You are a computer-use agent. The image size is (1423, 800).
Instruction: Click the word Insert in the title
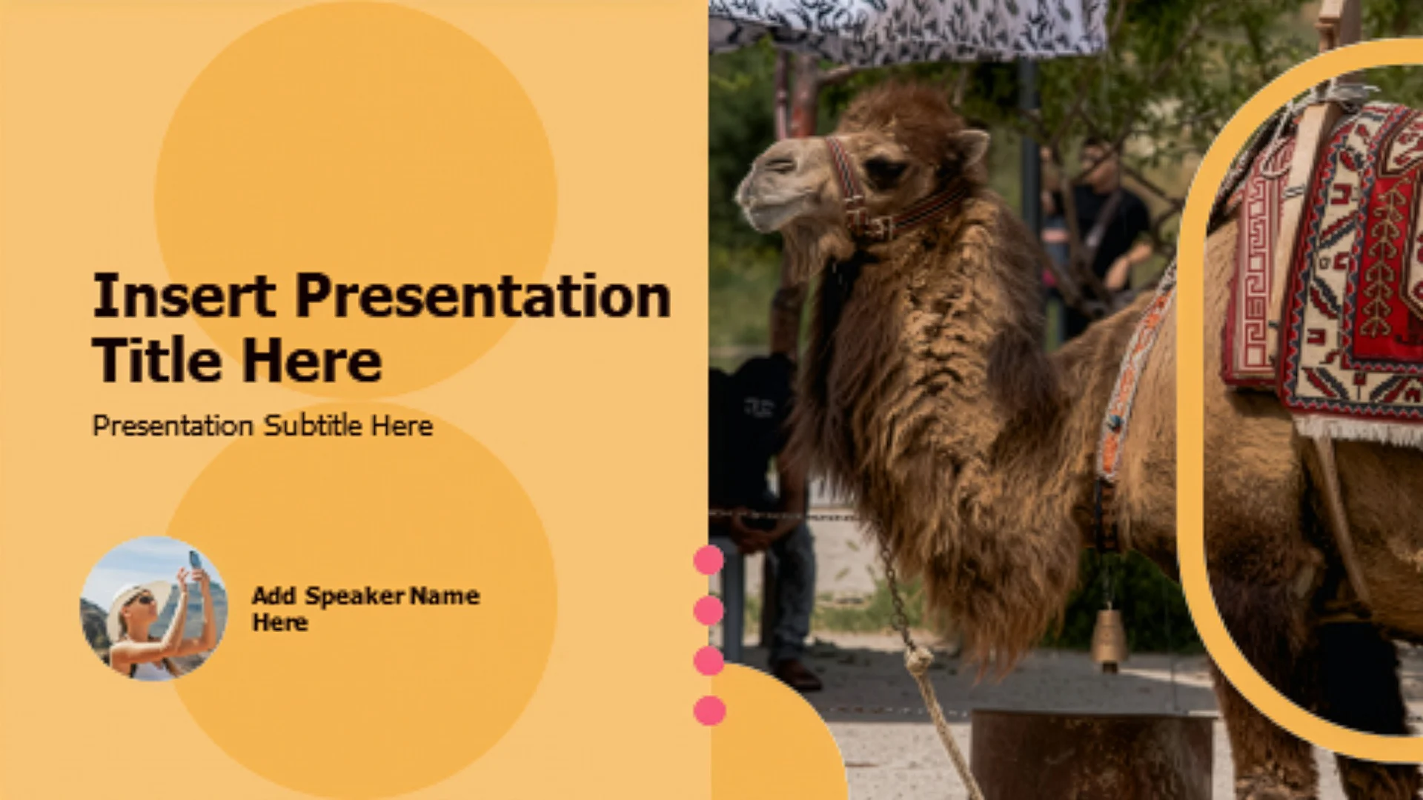point(184,296)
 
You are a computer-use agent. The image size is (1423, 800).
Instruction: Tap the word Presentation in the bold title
point(483,296)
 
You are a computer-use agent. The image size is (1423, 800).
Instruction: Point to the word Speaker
point(355,596)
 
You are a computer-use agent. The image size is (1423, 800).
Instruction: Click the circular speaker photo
point(153,608)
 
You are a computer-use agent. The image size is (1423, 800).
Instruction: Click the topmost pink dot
point(709,560)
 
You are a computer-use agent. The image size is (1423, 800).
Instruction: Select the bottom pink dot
point(709,710)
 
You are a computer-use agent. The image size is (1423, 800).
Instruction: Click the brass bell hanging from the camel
point(1109,639)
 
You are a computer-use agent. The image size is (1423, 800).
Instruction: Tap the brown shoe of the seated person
point(795,675)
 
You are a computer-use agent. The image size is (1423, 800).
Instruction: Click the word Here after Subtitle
point(402,425)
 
